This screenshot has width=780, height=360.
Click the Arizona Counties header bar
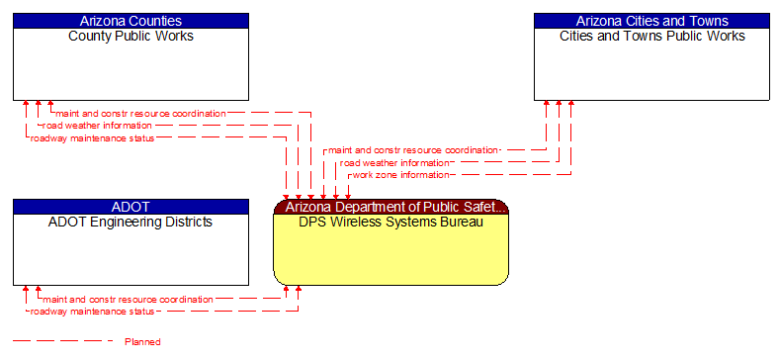pos(130,21)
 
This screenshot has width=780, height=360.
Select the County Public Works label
pos(130,37)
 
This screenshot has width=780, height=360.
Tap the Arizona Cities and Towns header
pos(651,21)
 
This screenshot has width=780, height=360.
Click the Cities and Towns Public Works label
pos(651,37)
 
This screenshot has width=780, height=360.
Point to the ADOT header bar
pos(130,207)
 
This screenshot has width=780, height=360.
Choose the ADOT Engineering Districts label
pos(130,223)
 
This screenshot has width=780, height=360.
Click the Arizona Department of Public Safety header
pos(390,207)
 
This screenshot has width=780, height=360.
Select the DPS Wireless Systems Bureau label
pos(390,223)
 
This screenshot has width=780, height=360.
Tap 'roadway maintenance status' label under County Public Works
pos(92,138)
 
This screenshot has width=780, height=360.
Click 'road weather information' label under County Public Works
pos(97,126)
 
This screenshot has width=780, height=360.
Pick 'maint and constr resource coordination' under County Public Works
pos(140,113)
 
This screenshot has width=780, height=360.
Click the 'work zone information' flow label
pos(400,175)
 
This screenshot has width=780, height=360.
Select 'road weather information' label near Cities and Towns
pos(394,162)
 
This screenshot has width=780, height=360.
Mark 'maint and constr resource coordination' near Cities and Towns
pos(413,150)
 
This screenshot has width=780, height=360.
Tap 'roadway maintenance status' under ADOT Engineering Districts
pos(92,312)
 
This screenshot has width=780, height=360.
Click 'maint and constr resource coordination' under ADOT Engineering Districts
pos(128,299)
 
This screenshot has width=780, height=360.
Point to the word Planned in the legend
pos(142,342)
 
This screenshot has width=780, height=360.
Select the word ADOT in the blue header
pos(130,207)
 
